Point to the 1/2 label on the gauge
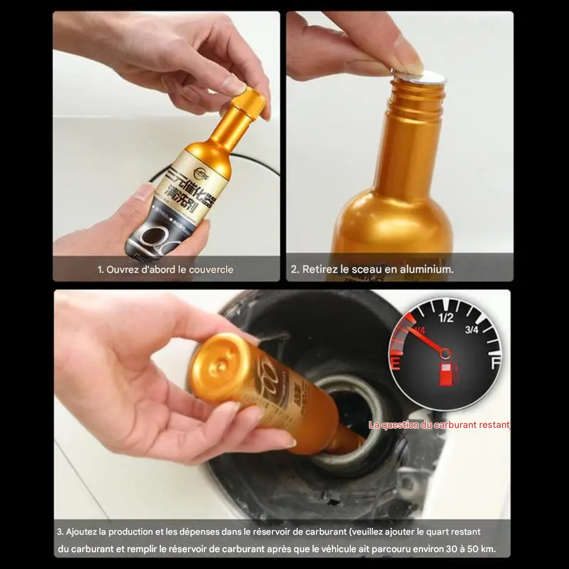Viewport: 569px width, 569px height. (x=446, y=318)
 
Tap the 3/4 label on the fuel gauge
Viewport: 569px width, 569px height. (x=472, y=330)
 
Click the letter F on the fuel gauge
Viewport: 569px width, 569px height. (x=495, y=364)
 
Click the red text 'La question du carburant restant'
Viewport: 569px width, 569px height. (x=439, y=425)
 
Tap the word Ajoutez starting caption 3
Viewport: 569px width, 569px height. (x=81, y=532)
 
